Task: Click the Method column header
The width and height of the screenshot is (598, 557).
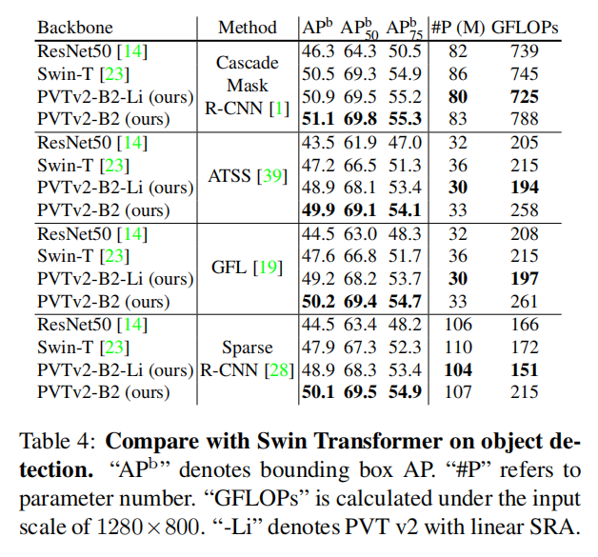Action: (x=247, y=28)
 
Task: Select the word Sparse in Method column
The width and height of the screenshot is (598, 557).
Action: (x=247, y=347)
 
